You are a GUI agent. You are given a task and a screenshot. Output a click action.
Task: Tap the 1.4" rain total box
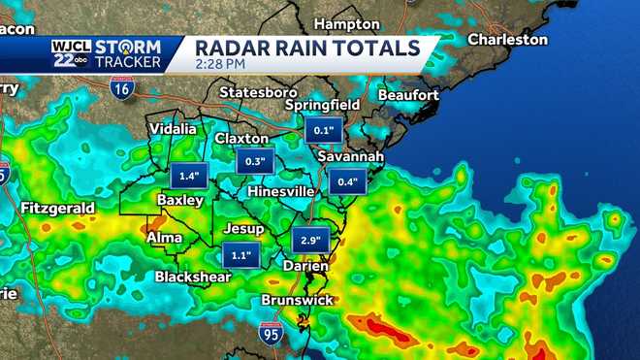tap(189, 177)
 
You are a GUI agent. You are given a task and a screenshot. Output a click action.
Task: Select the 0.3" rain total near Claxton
tap(256, 162)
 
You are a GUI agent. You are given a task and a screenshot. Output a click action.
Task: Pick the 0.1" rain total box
tap(323, 130)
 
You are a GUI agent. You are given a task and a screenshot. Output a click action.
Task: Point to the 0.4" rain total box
tap(346, 181)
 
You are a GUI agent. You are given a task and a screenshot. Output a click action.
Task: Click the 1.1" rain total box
tap(240, 255)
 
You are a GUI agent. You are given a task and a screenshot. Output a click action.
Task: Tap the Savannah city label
tap(352, 157)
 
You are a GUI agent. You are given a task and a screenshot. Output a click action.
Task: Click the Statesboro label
tap(258, 92)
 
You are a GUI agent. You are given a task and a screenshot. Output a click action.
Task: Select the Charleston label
tap(507, 40)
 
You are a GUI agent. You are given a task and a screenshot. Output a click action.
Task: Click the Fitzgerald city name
tap(57, 208)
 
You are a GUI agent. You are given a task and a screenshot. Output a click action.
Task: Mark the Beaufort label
tap(408, 95)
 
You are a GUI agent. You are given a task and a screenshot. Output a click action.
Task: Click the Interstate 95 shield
tap(271, 333)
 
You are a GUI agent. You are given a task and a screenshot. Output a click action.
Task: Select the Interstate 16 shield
tap(122, 89)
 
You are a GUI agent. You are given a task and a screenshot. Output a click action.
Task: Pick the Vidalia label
tap(173, 128)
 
